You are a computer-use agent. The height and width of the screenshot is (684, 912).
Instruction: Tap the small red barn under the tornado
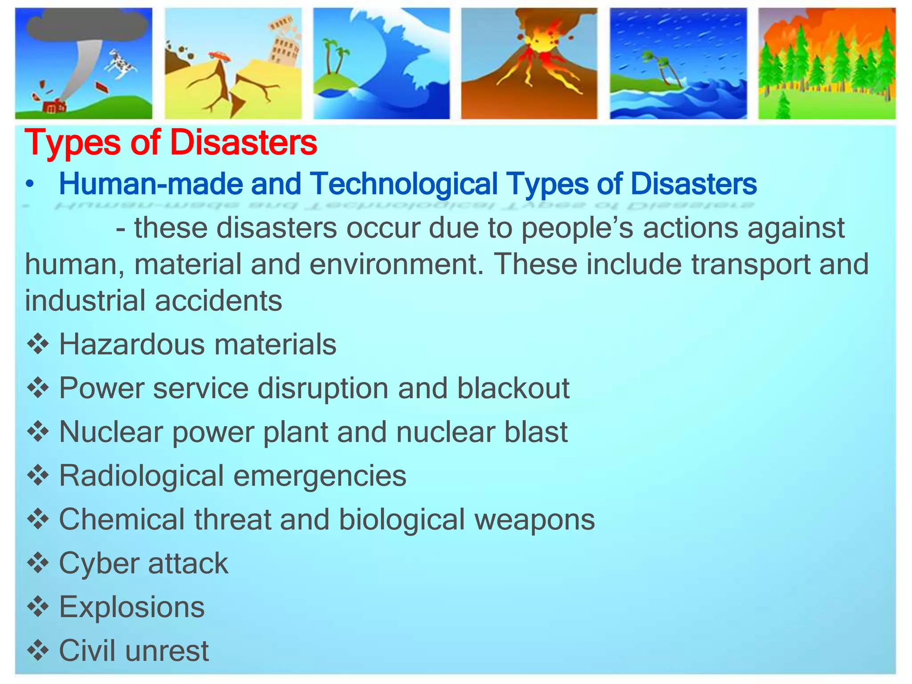(54, 107)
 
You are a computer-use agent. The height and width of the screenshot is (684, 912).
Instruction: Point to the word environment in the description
(393, 264)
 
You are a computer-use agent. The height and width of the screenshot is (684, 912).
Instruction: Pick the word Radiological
(141, 476)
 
